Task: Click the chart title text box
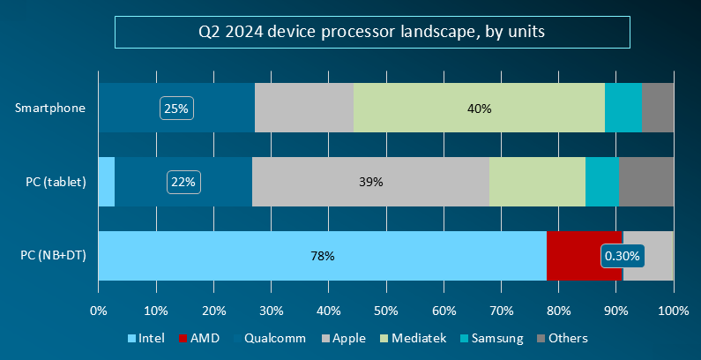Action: [371, 33]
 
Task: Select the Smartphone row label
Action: [51, 109]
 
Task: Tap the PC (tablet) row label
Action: [56, 183]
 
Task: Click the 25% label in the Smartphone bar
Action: [176, 109]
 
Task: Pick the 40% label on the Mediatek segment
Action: [480, 109]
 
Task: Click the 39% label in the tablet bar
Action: [371, 182]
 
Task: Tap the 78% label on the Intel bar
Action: [322, 256]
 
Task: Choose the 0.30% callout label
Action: [623, 256]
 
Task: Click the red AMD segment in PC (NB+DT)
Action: [573, 256]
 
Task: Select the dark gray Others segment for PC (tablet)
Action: [646, 182]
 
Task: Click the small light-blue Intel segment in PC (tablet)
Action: [106, 182]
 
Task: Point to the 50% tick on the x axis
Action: [386, 311]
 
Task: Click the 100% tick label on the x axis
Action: [674, 311]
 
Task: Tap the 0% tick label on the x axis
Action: [99, 311]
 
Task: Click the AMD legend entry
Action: [199, 338]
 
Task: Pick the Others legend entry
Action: [562, 338]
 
